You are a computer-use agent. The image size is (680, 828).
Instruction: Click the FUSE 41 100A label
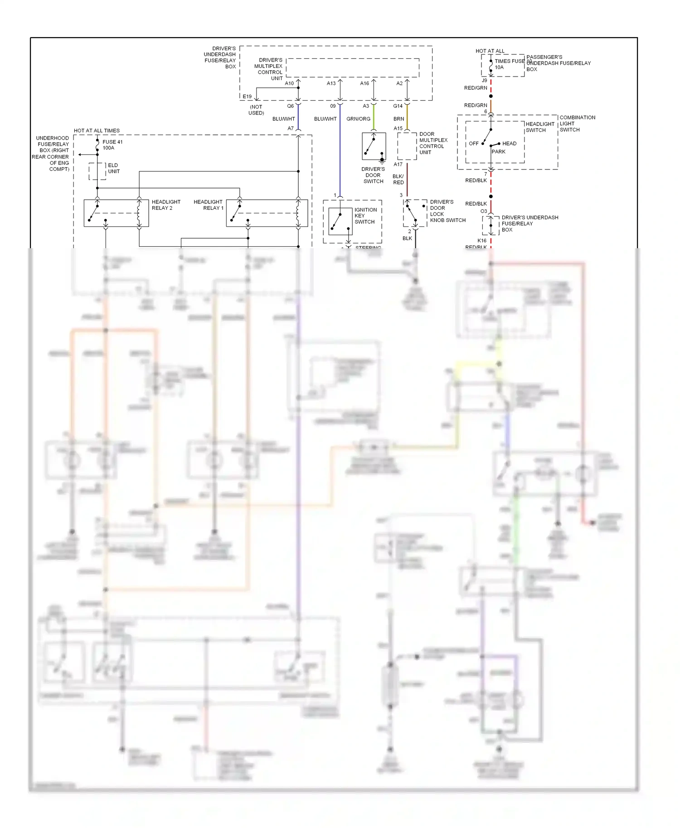pyautogui.click(x=112, y=145)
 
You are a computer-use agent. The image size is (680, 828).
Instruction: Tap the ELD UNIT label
pyautogui.click(x=113, y=168)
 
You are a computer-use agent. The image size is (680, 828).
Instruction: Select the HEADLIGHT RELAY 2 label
pyautogui.click(x=165, y=205)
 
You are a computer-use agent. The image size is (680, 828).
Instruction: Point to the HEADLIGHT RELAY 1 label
pyautogui.click(x=209, y=205)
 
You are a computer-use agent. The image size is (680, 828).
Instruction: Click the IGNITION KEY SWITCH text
pyautogui.click(x=365, y=216)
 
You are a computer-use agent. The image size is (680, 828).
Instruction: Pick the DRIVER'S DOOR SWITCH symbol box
pyautogui.click(x=374, y=146)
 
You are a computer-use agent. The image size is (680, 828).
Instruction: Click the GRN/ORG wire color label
pyautogui.click(x=358, y=119)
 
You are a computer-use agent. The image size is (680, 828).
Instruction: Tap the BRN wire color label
pyautogui.click(x=398, y=119)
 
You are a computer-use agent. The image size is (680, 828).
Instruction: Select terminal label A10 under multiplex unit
pyautogui.click(x=289, y=83)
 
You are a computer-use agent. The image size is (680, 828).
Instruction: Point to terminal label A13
pyautogui.click(x=331, y=83)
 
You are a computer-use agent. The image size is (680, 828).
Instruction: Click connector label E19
pyautogui.click(x=247, y=96)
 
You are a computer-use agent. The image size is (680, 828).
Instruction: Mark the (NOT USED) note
pyautogui.click(x=256, y=110)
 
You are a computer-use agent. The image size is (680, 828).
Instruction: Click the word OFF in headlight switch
pyautogui.click(x=473, y=144)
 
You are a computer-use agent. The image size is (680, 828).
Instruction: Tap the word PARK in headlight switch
pyautogui.click(x=498, y=152)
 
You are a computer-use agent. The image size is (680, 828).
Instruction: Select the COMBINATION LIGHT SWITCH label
pyautogui.click(x=577, y=124)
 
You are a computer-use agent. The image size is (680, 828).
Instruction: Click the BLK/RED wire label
pyautogui.click(x=398, y=179)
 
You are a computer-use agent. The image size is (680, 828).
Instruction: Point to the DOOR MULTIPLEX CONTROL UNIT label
pyautogui.click(x=433, y=143)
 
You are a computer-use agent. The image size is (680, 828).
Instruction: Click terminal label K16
pyautogui.click(x=482, y=241)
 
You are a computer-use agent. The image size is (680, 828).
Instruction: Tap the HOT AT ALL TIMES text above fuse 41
pyautogui.click(x=97, y=130)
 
